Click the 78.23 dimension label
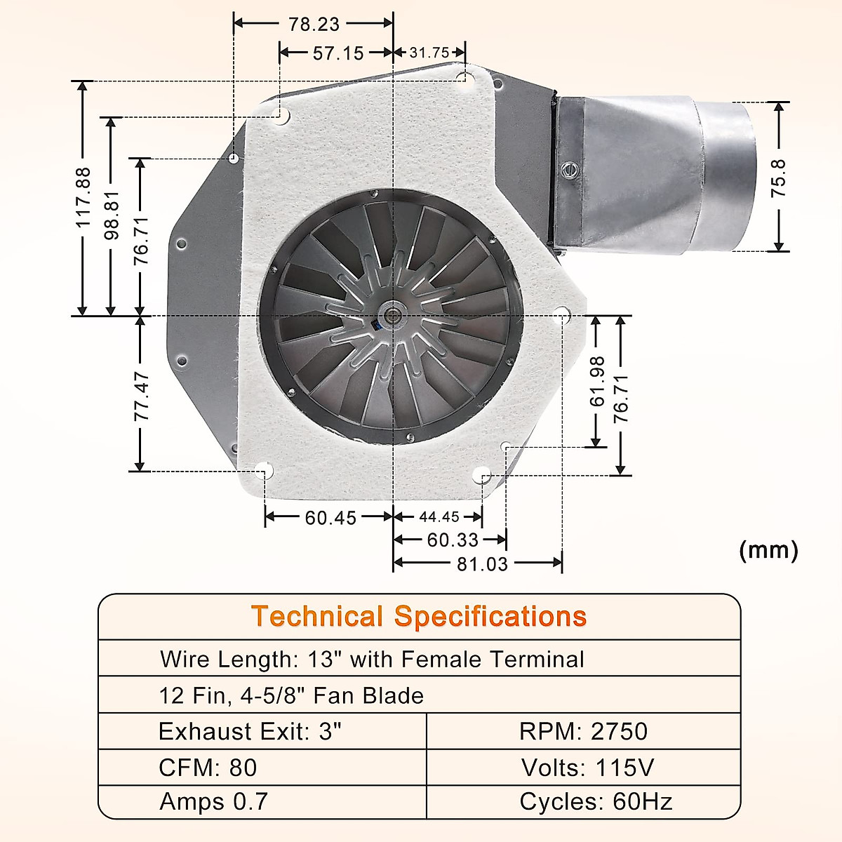(x=314, y=25)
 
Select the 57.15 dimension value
(x=338, y=53)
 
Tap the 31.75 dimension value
(x=429, y=53)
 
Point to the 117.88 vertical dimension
(x=83, y=197)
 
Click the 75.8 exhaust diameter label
(x=778, y=178)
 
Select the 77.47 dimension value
(x=142, y=396)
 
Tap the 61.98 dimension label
(x=597, y=381)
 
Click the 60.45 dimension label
(x=330, y=518)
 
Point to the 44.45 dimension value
(x=439, y=517)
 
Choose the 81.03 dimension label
(x=482, y=564)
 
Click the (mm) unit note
(x=768, y=550)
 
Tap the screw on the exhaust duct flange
(x=567, y=169)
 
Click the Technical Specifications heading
(x=419, y=617)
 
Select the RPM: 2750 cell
(x=583, y=731)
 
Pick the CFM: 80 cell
(x=208, y=767)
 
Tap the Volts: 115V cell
(x=587, y=767)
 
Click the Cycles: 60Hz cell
(x=596, y=801)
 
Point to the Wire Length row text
(x=372, y=660)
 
